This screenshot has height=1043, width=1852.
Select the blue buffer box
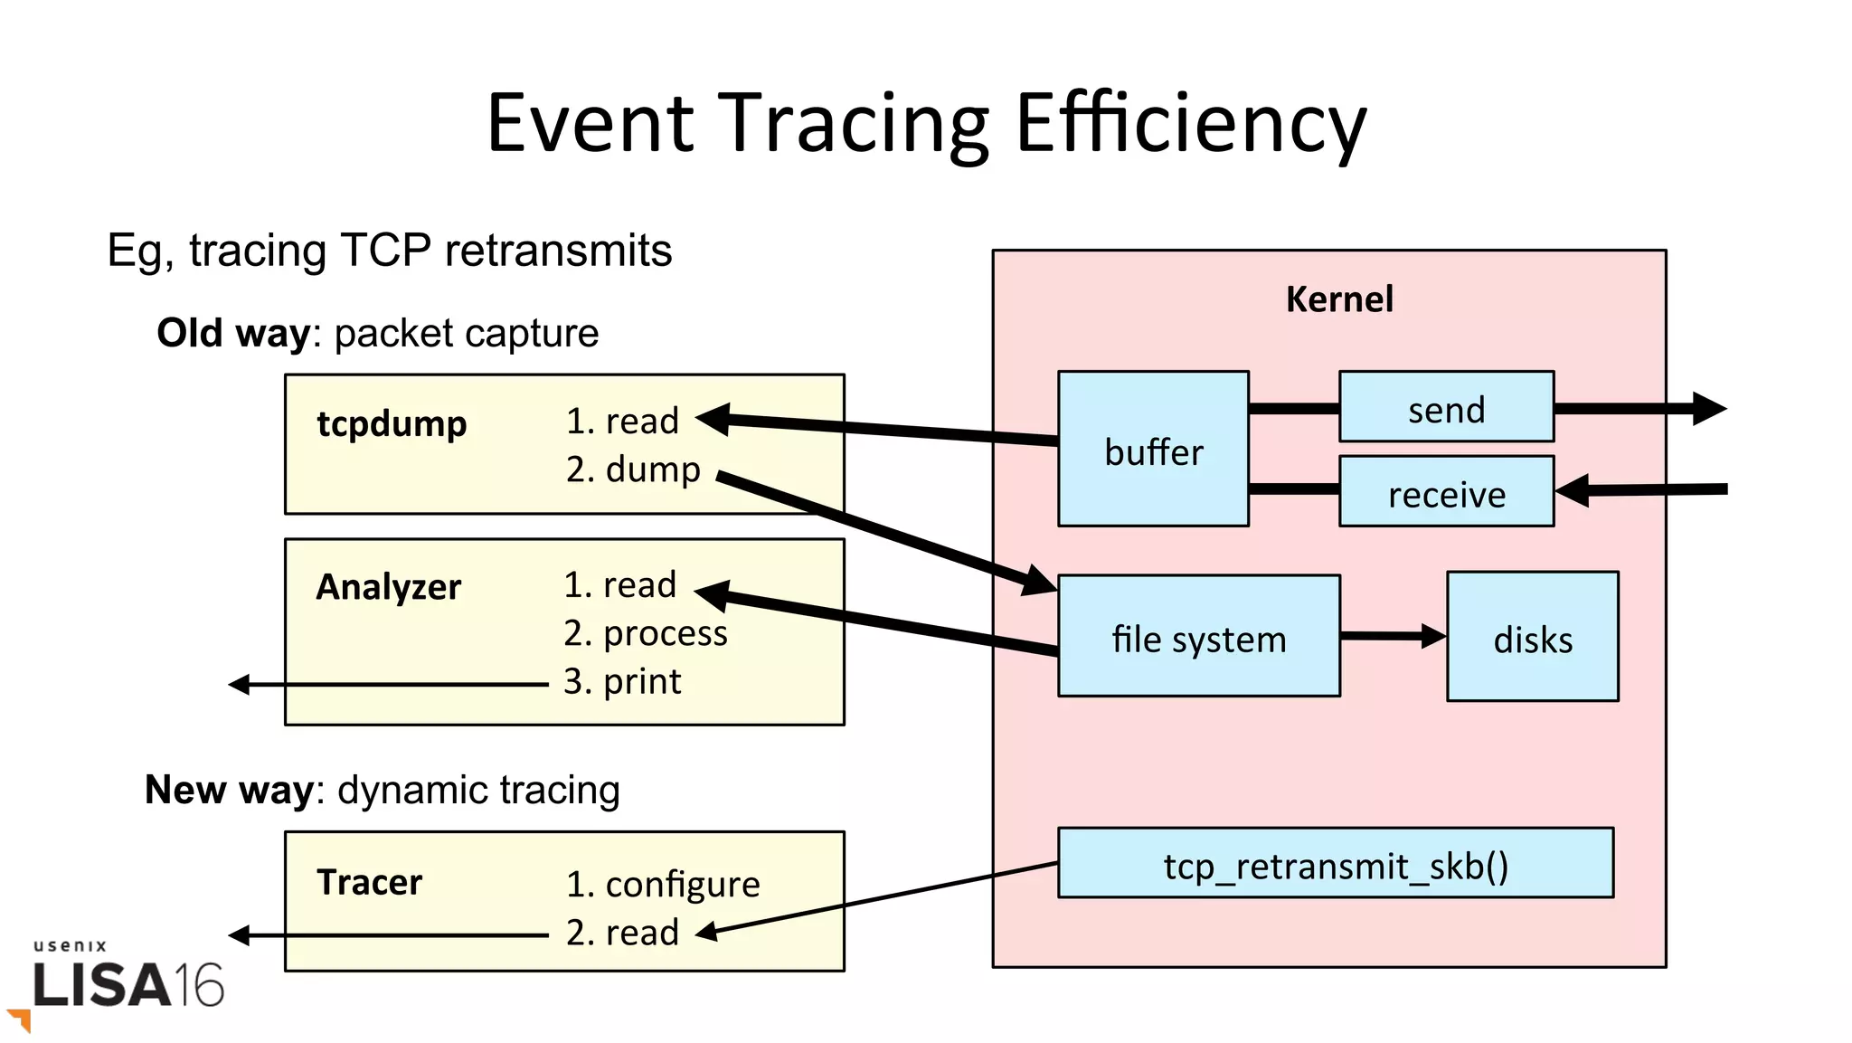click(x=1153, y=450)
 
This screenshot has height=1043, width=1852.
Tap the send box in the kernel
click(x=1446, y=408)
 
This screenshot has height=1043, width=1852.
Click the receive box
click(x=1446, y=493)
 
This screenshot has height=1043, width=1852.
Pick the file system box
click(x=1198, y=637)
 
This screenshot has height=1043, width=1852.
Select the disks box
click(x=1532, y=637)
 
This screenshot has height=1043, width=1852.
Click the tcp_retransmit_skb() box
click(x=1335, y=864)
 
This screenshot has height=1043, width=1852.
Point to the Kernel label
click(x=1338, y=299)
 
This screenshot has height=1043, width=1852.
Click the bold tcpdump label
click(x=392, y=423)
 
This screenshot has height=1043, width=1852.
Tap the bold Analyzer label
click(x=388, y=587)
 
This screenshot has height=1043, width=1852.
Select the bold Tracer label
click(x=369, y=882)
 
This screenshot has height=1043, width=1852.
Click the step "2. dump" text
click(x=633, y=469)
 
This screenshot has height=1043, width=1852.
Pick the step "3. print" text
click(x=622, y=681)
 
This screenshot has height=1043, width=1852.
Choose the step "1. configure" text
click(x=663, y=884)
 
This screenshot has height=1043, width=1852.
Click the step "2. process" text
click(x=645, y=633)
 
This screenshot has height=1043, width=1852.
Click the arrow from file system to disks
click(x=1393, y=637)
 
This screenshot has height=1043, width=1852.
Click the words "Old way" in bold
click(x=233, y=333)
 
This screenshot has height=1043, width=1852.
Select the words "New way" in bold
click(x=229, y=790)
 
